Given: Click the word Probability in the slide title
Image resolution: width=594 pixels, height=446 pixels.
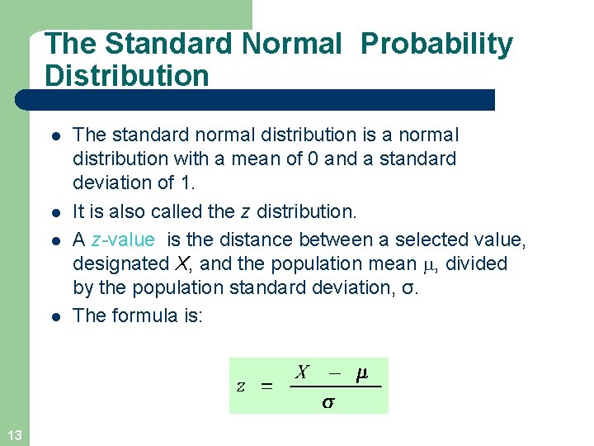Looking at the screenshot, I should [x=436, y=44].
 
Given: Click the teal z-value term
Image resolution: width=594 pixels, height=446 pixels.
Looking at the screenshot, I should [x=123, y=240].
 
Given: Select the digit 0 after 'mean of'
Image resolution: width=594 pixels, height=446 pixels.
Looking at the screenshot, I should [x=313, y=159].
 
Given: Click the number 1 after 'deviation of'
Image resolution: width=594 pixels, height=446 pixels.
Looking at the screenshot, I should [x=186, y=182].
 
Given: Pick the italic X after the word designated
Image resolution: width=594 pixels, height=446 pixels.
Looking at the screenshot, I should [x=183, y=264].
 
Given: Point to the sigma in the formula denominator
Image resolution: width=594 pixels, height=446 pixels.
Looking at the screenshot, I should [x=328, y=402].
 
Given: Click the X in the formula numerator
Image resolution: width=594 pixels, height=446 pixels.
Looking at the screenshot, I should [x=302, y=372].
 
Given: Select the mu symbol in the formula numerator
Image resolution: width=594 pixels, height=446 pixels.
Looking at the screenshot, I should [x=361, y=373].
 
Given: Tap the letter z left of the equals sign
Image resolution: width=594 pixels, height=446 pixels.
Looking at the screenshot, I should [x=240, y=387].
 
